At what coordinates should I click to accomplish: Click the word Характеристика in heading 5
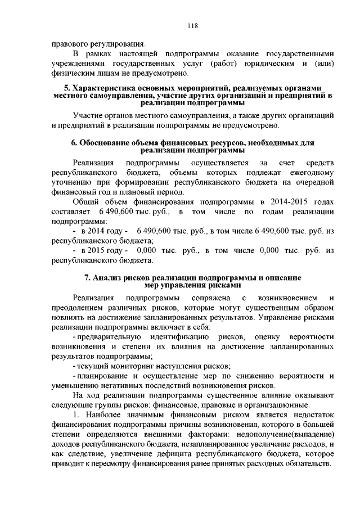click(x=105, y=88)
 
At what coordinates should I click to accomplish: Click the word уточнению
click(x=71, y=181)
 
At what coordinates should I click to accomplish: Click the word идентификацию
click(x=170, y=336)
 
